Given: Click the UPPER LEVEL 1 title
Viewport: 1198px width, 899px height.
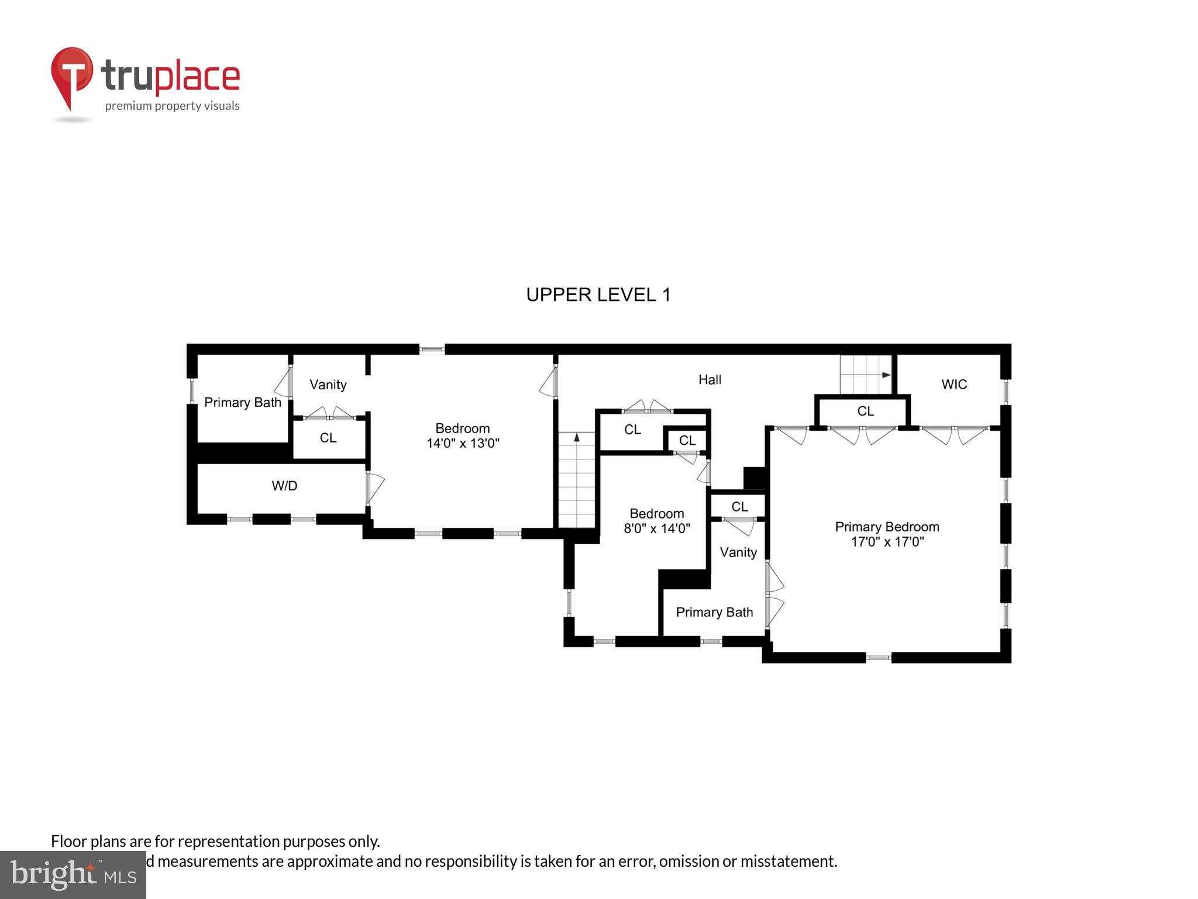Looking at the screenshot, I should pos(598,294).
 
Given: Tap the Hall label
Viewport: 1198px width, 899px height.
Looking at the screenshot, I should pos(710,380).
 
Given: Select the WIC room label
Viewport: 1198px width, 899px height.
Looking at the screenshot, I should pos(954,385).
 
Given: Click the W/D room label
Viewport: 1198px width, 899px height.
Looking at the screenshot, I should pos(284,486).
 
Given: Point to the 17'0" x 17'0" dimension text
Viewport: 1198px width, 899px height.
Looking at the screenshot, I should pos(887,542).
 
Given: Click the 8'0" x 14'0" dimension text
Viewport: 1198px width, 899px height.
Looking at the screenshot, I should pos(657,529).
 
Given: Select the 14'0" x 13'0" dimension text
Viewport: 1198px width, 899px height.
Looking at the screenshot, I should pos(463,443).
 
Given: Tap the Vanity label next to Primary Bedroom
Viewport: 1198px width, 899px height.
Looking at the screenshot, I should pos(738,553).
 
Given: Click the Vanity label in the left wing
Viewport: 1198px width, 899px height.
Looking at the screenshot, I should pos(328,385).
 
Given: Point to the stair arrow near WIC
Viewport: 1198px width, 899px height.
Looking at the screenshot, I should pos(886,375).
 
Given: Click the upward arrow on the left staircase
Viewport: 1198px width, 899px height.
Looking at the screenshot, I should pos(577,437).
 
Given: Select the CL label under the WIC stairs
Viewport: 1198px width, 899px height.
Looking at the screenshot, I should pos(865,411).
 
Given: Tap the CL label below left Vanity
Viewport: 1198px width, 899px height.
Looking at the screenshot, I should pos(328,438).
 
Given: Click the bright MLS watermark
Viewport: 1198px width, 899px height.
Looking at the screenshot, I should pos(73,874).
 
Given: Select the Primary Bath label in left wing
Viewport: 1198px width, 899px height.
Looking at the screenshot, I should pos(242,403).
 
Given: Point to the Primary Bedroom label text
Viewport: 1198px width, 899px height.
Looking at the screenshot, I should pos(887,527).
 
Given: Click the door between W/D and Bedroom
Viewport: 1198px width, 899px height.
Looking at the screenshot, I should pos(373,488).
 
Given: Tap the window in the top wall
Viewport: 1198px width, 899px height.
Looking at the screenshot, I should pos(432,349).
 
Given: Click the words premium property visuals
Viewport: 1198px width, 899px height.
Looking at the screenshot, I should pos(172,106).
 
